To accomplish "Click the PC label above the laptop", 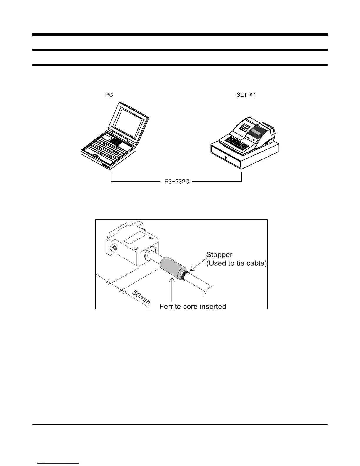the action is tap(109, 95).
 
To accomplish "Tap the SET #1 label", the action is tap(246, 95).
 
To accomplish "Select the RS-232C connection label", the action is tap(176, 182).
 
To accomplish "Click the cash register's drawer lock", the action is tap(226, 157).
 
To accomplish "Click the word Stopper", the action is tap(219, 254).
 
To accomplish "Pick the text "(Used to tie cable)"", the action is tap(236, 263).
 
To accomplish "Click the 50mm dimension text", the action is tap(141, 297).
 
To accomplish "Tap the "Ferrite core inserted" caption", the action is tap(193, 306).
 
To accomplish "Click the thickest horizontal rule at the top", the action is tap(180, 35).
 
